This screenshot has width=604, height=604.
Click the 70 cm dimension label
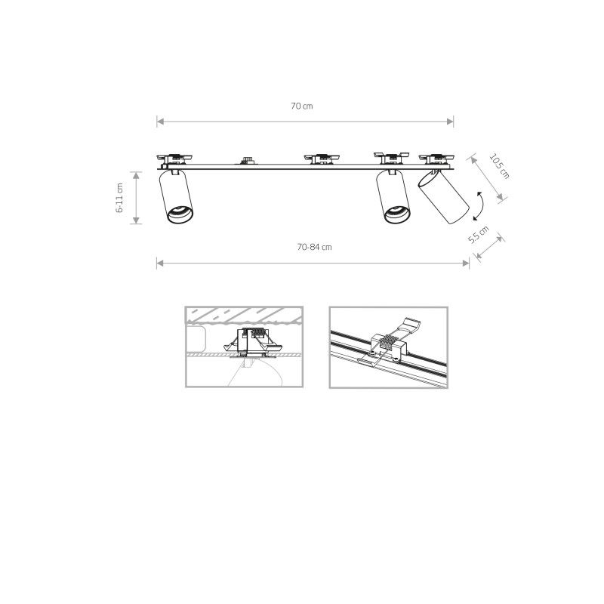click(x=302, y=106)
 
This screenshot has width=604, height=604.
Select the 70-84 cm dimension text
click(x=315, y=247)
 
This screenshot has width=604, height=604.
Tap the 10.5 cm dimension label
click(x=499, y=167)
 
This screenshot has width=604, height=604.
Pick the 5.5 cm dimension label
click(x=479, y=234)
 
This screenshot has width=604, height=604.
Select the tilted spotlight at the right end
click(x=442, y=199)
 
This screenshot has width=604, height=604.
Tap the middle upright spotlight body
click(x=394, y=198)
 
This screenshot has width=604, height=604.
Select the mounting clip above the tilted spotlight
click(x=436, y=158)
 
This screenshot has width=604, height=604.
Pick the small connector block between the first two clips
click(x=246, y=160)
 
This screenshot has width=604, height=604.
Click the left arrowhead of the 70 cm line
click(x=159, y=121)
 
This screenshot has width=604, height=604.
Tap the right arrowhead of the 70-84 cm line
click(x=467, y=263)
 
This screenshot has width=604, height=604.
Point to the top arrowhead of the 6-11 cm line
click(x=136, y=174)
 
